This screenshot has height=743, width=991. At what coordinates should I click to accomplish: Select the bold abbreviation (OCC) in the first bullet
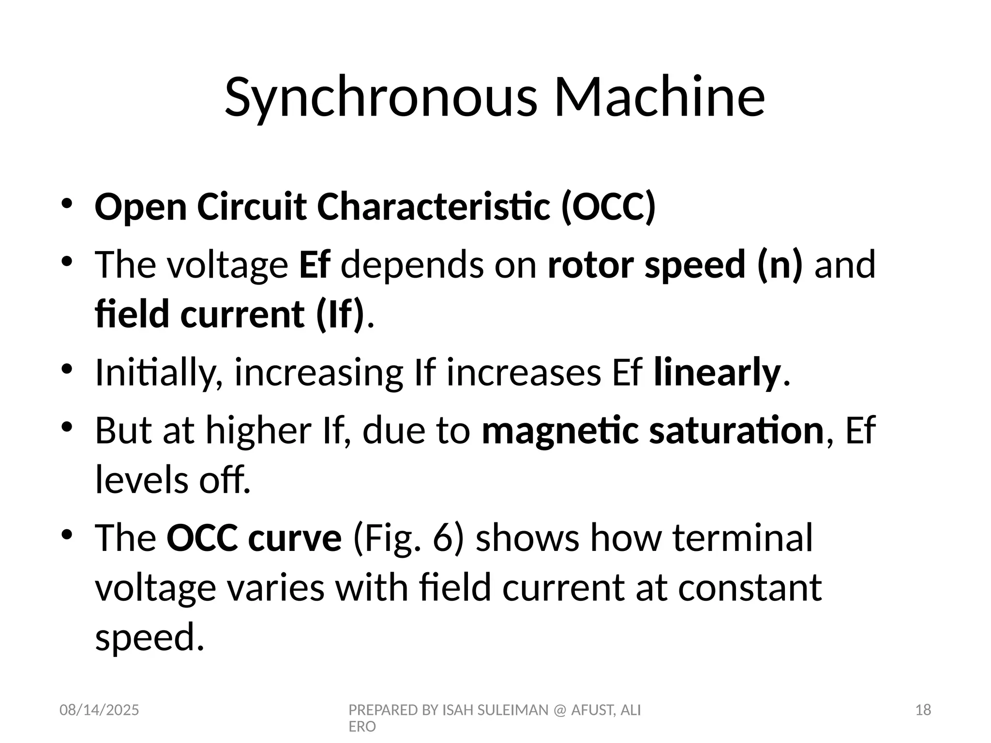[608, 207]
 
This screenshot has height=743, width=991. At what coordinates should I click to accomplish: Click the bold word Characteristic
[434, 207]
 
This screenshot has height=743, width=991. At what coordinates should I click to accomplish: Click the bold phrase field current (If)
[229, 314]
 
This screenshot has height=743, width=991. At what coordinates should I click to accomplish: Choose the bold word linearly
[717, 372]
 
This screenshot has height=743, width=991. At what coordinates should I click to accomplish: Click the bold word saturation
[736, 431]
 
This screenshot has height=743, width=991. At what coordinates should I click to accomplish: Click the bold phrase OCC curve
[254, 538]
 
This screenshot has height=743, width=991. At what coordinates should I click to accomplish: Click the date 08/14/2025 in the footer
[99, 710]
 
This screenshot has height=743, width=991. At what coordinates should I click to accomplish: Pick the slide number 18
[923, 710]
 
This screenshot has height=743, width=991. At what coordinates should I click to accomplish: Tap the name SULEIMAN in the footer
[514, 710]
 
